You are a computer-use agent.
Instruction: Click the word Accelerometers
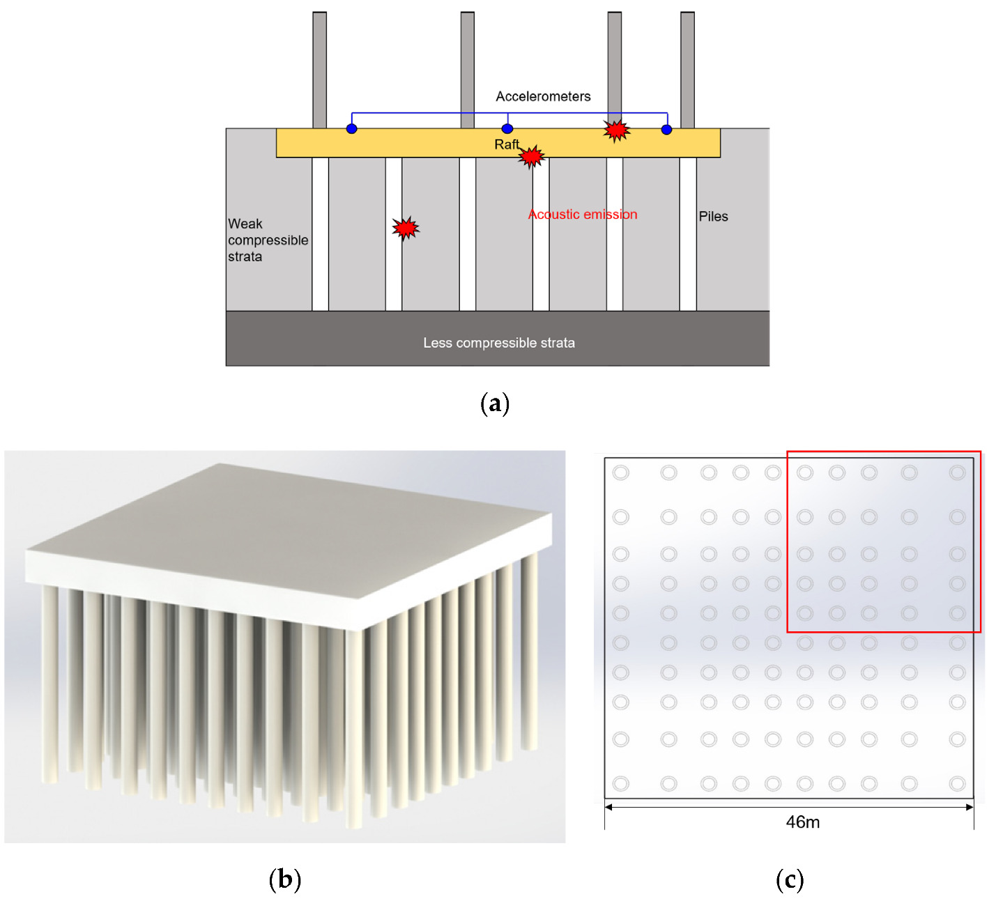click(x=543, y=96)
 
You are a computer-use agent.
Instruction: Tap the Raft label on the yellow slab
click(x=507, y=144)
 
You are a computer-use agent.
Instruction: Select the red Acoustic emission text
click(x=583, y=215)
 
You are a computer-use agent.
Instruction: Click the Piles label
click(x=713, y=217)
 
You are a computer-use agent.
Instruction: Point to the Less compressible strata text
click(x=499, y=343)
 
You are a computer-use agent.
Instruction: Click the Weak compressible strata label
click(x=268, y=240)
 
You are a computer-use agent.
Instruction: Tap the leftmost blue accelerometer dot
click(x=352, y=129)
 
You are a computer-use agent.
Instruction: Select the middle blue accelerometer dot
click(x=507, y=129)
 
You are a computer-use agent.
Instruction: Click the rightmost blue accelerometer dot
click(x=667, y=130)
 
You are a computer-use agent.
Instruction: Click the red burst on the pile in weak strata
click(x=405, y=228)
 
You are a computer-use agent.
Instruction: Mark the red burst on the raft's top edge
click(x=616, y=130)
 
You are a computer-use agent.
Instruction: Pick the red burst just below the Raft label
click(x=532, y=157)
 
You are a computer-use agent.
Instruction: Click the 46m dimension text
click(x=802, y=822)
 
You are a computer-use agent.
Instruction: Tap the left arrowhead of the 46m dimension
click(x=608, y=808)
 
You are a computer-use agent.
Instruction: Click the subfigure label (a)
click(x=495, y=403)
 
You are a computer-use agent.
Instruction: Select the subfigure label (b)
click(x=285, y=879)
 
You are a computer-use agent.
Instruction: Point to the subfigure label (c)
click(x=790, y=879)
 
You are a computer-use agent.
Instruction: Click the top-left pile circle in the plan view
click(x=620, y=473)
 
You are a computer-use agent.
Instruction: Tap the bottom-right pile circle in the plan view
click(x=957, y=784)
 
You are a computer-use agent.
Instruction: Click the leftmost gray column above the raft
click(x=319, y=70)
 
